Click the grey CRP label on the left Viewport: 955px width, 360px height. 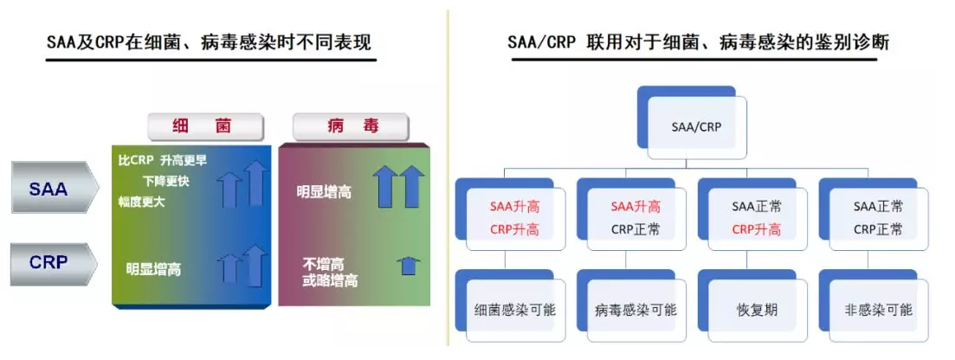point(54,263)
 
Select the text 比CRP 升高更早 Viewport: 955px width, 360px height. point(163,161)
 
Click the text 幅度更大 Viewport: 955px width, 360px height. point(141,201)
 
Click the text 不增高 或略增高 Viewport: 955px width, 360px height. point(330,273)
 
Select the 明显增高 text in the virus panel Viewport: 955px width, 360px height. point(324,192)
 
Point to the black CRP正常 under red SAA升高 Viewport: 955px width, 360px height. point(636,229)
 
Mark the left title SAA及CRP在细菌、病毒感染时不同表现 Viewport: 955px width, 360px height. point(209,42)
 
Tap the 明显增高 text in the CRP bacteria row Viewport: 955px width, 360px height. point(153,269)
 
